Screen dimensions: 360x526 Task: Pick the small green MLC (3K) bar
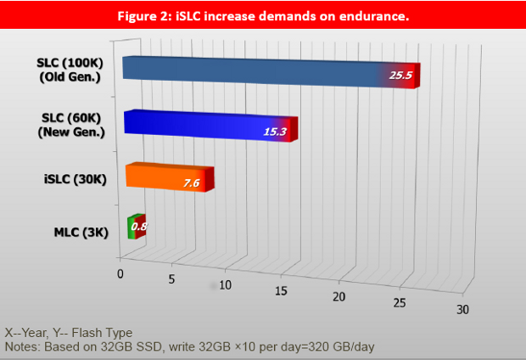[132, 226]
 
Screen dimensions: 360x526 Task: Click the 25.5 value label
[400, 76]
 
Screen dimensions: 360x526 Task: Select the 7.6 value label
[193, 183]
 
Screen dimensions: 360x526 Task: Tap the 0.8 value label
[139, 228]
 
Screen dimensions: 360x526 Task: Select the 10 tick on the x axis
[225, 285]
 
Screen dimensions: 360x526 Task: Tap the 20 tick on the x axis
[339, 296]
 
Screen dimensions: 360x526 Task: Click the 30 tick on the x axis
[462, 309]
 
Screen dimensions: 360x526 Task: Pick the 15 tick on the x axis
[281, 290]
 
